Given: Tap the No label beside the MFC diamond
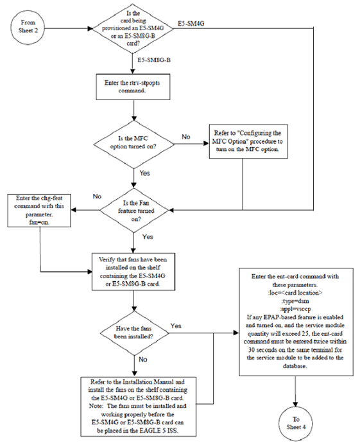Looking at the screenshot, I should click(x=186, y=137).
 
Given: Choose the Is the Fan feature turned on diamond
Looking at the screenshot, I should click(x=132, y=210).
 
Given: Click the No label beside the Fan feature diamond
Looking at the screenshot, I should click(x=98, y=196).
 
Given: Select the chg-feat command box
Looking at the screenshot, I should click(x=40, y=210).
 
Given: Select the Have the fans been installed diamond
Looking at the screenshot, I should click(x=132, y=332).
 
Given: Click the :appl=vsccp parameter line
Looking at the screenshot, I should click(x=296, y=307).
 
